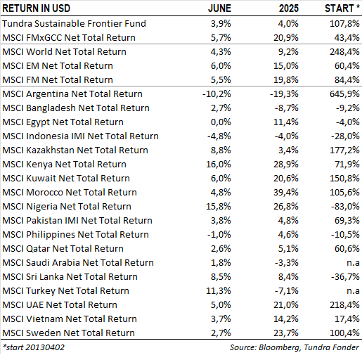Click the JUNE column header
click(x=219, y=8)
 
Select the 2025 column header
click(x=289, y=8)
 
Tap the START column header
click(x=342, y=8)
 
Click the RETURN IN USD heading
click(x=37, y=8)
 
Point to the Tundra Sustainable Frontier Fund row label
click(x=74, y=23)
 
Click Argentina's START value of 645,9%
click(x=344, y=94)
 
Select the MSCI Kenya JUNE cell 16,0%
click(x=219, y=165)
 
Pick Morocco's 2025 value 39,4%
click(x=286, y=193)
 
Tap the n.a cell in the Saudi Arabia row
click(x=353, y=263)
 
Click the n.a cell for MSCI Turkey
click(x=353, y=291)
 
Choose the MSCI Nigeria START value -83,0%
click(x=345, y=207)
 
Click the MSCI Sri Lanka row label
click(x=70, y=277)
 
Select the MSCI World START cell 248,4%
click(x=344, y=52)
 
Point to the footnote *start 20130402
click(x=34, y=347)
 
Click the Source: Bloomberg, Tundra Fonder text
click(x=295, y=347)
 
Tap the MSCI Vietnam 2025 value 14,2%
click(x=286, y=319)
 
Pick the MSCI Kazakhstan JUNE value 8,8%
click(x=221, y=150)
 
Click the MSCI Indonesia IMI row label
click(x=80, y=136)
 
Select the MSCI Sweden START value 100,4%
click(x=344, y=333)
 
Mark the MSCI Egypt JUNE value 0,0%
click(x=221, y=122)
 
